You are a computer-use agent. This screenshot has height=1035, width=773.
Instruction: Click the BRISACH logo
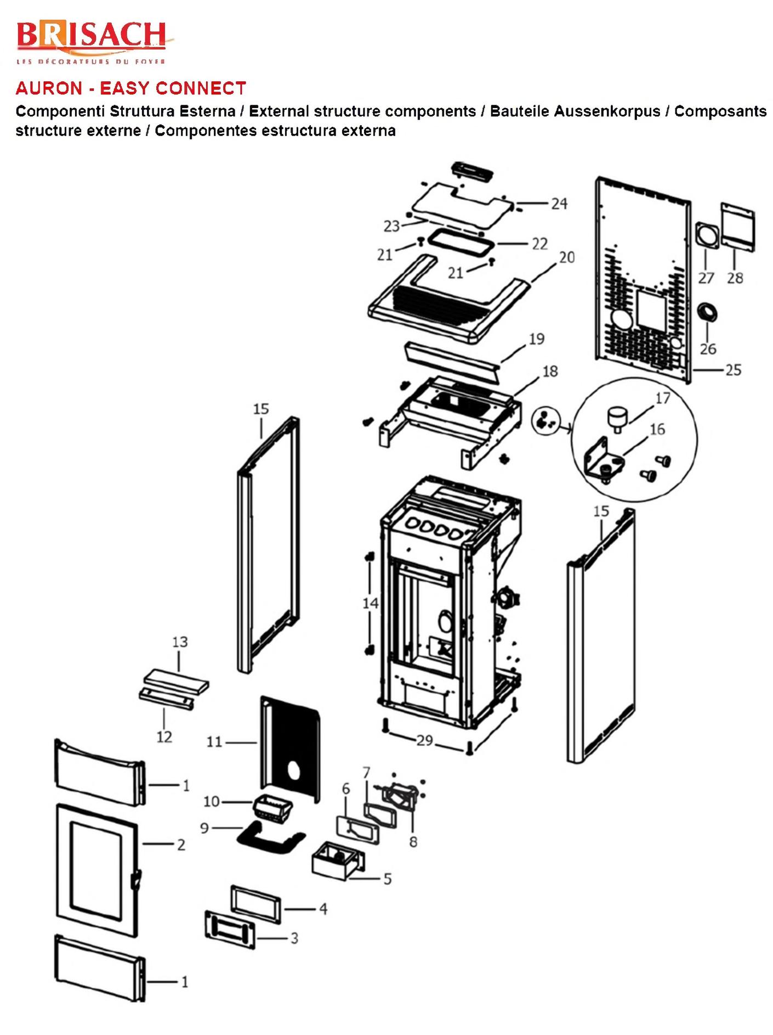(91, 41)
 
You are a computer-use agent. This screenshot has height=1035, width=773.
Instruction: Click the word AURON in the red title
(49, 88)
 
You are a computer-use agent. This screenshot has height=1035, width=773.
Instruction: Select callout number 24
(559, 204)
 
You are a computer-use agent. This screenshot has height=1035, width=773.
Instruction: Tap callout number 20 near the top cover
(566, 257)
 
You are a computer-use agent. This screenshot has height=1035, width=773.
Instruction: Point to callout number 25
(733, 370)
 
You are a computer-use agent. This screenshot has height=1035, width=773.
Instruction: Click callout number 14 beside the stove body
(371, 603)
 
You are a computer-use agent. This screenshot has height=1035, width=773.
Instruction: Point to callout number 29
(425, 740)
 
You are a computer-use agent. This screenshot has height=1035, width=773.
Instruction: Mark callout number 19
(536, 339)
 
